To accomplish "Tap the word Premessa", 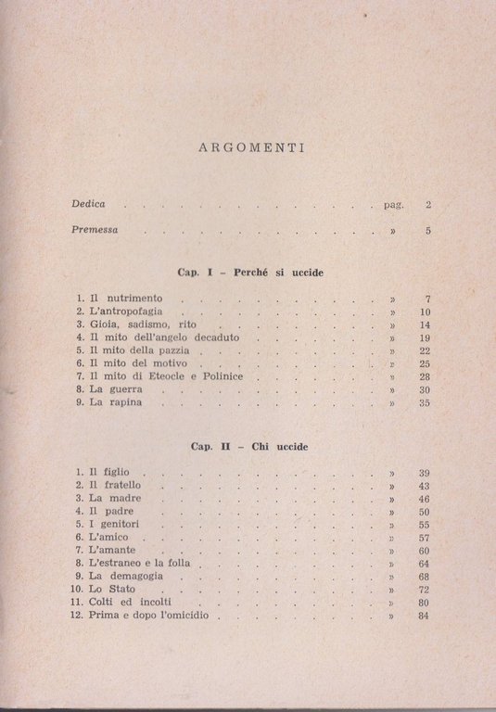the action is pyautogui.click(x=96, y=232).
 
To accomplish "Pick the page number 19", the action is pyautogui.click(x=425, y=339).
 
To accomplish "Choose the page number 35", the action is pyautogui.click(x=425, y=404).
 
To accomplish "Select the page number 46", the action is pyautogui.click(x=425, y=499).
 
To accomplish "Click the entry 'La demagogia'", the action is pyautogui.click(x=123, y=577).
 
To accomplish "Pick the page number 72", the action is pyautogui.click(x=425, y=590).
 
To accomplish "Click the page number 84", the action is pyautogui.click(x=425, y=616).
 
